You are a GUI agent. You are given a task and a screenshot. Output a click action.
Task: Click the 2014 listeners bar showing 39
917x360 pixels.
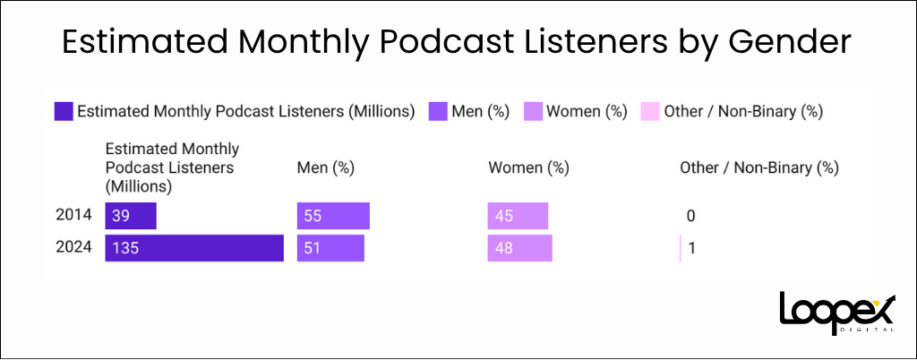click(x=131, y=216)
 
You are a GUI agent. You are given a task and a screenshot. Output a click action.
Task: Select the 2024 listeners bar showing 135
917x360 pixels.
click(x=194, y=248)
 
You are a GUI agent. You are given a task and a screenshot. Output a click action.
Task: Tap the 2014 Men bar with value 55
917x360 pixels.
click(x=333, y=216)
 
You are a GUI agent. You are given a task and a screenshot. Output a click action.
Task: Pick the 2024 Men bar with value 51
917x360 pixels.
click(x=330, y=248)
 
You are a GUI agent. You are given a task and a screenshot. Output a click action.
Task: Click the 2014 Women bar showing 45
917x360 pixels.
click(x=518, y=216)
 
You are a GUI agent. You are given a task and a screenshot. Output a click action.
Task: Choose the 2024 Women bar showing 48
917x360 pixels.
click(x=520, y=248)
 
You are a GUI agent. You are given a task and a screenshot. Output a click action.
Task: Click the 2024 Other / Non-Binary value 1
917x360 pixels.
click(x=692, y=248)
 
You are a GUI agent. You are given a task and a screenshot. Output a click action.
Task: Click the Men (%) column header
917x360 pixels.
click(x=325, y=167)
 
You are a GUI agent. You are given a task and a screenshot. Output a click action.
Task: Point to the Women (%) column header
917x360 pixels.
click(x=528, y=167)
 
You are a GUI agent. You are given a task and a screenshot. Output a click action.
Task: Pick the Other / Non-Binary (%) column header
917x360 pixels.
click(x=758, y=167)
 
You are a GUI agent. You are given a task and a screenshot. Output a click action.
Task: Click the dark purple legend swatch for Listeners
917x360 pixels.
click(x=63, y=112)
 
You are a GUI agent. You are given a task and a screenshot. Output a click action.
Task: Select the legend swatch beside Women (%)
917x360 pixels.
click(x=533, y=112)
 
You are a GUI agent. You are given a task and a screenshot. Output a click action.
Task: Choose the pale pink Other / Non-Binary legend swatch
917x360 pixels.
click(x=650, y=112)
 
